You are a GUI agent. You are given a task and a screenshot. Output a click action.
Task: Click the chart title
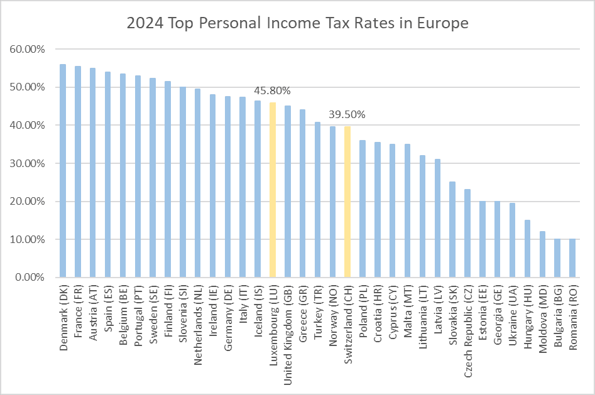point(297,24)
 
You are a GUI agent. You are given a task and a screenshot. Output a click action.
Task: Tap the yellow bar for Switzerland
point(347,202)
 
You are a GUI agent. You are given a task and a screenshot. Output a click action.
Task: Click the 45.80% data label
point(272,91)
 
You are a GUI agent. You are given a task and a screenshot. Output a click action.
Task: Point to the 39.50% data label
point(347,115)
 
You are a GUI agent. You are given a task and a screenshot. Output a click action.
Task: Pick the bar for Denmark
point(63,170)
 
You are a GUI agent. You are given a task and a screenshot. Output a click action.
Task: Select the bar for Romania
point(572,258)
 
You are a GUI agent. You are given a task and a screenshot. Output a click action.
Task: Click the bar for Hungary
point(527,249)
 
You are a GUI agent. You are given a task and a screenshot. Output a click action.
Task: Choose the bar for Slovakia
point(452,229)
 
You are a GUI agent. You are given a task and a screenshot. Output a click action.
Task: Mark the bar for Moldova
point(542,254)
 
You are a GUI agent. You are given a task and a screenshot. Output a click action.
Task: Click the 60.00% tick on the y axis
point(28,49)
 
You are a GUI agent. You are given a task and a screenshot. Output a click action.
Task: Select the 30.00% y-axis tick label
point(28,163)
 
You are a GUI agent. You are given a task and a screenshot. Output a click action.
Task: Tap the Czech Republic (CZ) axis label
point(467,330)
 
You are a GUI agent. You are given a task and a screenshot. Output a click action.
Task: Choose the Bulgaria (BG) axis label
point(557,317)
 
